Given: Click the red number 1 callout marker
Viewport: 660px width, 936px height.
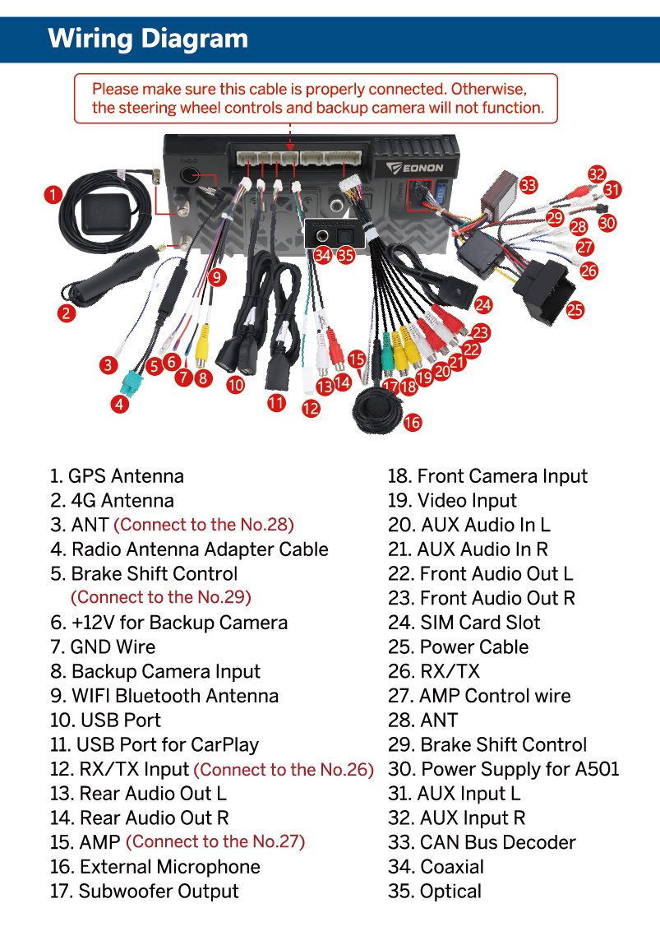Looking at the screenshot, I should point(53,195).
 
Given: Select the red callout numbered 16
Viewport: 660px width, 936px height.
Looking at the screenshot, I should point(413,423).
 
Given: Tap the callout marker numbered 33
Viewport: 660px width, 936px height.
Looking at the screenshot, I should point(528,185).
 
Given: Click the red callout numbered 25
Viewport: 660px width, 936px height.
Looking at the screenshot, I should point(575,309).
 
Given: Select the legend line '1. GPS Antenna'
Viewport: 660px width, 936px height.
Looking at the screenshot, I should point(117,476).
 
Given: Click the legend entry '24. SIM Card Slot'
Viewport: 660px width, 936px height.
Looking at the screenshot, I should point(464,623).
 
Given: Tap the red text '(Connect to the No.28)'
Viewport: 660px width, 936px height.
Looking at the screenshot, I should point(203,525).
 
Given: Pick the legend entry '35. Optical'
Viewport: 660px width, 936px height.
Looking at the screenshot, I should point(435,891).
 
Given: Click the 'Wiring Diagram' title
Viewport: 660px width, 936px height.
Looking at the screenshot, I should point(148,38).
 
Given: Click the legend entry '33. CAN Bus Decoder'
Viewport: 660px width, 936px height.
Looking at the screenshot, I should point(482,842).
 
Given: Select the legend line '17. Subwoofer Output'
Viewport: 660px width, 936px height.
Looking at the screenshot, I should point(145,891).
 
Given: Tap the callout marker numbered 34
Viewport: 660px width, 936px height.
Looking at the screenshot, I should point(322,255).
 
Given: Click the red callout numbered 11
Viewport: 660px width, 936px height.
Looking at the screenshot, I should point(276,402).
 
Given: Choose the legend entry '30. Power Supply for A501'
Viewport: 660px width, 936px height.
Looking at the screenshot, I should point(504,769).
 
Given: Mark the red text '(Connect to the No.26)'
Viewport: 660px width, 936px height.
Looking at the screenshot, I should point(284,770).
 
